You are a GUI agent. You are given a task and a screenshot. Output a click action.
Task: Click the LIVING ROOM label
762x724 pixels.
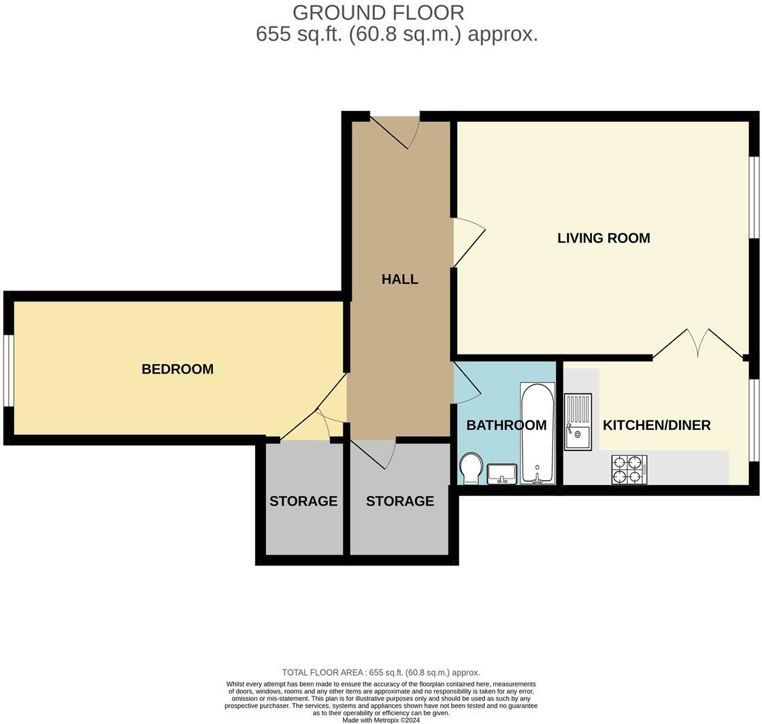point(603,238)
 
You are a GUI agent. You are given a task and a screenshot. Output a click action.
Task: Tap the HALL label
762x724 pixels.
point(400,280)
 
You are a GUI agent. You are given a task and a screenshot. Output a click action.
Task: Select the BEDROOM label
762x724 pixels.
point(178,369)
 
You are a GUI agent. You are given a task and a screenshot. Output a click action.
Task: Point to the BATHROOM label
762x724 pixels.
point(506,425)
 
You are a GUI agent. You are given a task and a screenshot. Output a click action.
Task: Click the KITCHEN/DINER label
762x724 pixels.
point(657,425)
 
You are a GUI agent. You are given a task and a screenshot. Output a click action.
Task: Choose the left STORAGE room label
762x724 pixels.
point(303,501)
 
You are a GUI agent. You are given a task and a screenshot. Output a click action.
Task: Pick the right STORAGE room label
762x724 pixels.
point(400,501)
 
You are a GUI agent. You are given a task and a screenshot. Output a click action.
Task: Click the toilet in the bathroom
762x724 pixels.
point(471,469)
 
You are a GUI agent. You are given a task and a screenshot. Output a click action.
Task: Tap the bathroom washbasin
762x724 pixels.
point(502,474)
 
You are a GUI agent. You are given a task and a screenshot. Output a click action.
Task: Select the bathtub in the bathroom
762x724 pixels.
point(537,433)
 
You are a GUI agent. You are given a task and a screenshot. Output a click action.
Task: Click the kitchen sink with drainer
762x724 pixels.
point(578,421)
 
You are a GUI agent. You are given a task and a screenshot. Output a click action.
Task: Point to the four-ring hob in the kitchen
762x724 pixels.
point(629,470)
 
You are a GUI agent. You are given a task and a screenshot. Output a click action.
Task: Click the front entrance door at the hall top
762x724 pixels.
point(395,132)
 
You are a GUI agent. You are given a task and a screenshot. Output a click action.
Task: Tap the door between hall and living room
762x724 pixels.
point(469,242)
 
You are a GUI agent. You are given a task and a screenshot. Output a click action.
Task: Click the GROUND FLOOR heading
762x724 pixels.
point(378,13)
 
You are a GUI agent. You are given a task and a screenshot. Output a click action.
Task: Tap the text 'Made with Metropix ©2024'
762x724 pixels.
point(381,720)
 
